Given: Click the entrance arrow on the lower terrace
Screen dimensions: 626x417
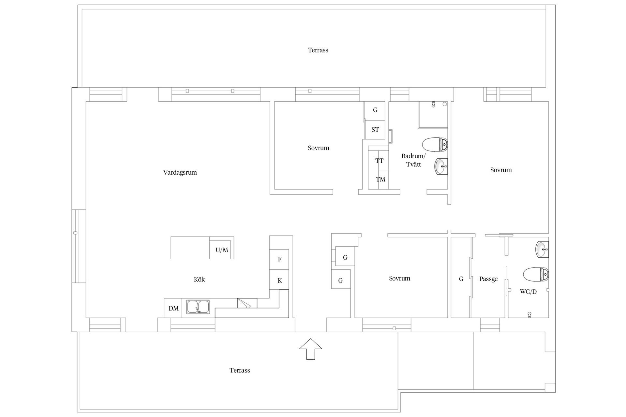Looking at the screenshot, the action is tap(311, 349).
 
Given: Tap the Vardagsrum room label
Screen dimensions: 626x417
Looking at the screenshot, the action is tap(180, 172).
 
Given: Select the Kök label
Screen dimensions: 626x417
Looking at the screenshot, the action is tap(199, 280).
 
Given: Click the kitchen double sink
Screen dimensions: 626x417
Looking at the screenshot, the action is tap(198, 307).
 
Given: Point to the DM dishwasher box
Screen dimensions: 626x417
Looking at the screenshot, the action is tap(173, 308).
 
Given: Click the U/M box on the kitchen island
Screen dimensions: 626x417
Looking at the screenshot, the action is tap(222, 250).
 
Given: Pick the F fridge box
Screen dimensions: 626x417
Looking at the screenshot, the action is tap(279, 259).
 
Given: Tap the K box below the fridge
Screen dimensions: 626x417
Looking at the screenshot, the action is tap(279, 280).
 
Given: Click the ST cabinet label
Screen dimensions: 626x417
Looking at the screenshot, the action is tap(375, 130).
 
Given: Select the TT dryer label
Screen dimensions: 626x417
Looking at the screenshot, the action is tap(379, 161).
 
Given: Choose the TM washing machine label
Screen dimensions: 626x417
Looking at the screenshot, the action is tap(380, 180).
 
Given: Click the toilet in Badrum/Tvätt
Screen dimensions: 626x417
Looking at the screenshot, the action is tap(435, 144).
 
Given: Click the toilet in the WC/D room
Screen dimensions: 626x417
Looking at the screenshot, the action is tap(536, 274).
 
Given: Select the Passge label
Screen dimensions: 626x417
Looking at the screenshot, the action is tap(488, 279).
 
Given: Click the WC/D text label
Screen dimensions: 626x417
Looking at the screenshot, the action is tap(528, 292).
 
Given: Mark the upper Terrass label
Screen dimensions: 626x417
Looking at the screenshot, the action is tap(318, 50).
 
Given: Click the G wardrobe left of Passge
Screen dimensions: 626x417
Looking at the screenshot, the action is tap(461, 279).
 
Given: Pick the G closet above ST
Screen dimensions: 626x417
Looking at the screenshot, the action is tap(375, 110).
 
